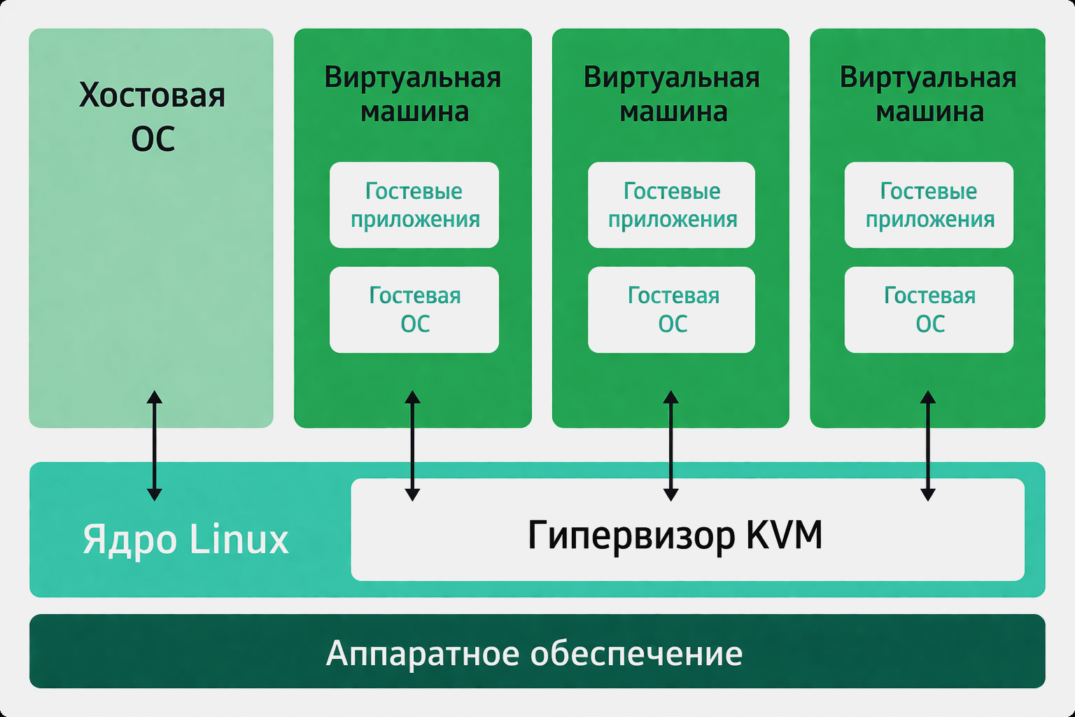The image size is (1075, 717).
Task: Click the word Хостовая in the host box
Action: tap(152, 95)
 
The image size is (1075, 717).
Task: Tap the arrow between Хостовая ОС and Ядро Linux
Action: tap(155, 445)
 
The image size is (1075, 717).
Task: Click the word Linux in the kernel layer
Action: tap(239, 539)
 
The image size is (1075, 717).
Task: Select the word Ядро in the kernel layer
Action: tap(129, 539)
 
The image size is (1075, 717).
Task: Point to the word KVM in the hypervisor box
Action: tap(784, 535)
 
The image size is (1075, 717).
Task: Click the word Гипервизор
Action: tap(631, 536)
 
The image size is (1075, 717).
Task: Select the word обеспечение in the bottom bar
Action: tap(636, 653)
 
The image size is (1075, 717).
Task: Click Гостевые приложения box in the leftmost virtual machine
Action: tap(414, 205)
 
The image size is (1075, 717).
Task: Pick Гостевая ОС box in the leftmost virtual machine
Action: tap(414, 309)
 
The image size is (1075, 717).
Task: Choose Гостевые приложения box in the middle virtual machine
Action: tap(671, 205)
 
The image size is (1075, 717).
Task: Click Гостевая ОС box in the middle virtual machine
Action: tap(671, 309)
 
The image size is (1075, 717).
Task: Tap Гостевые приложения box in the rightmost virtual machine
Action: tap(929, 205)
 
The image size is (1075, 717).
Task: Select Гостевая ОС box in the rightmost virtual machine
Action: tap(929, 309)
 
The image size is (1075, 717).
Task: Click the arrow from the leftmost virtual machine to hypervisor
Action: tap(413, 445)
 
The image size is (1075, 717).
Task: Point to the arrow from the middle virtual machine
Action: tap(670, 445)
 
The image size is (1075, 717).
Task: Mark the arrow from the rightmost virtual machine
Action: tap(928, 445)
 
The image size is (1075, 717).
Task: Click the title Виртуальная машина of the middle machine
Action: tap(672, 95)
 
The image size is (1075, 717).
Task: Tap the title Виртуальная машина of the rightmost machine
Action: tap(929, 95)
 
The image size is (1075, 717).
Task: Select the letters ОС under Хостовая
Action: tap(153, 139)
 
